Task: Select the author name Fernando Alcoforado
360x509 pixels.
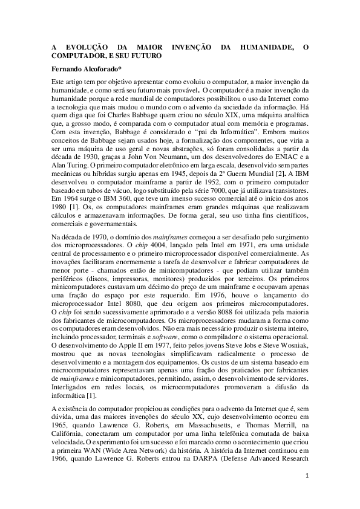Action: tap(86, 69)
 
